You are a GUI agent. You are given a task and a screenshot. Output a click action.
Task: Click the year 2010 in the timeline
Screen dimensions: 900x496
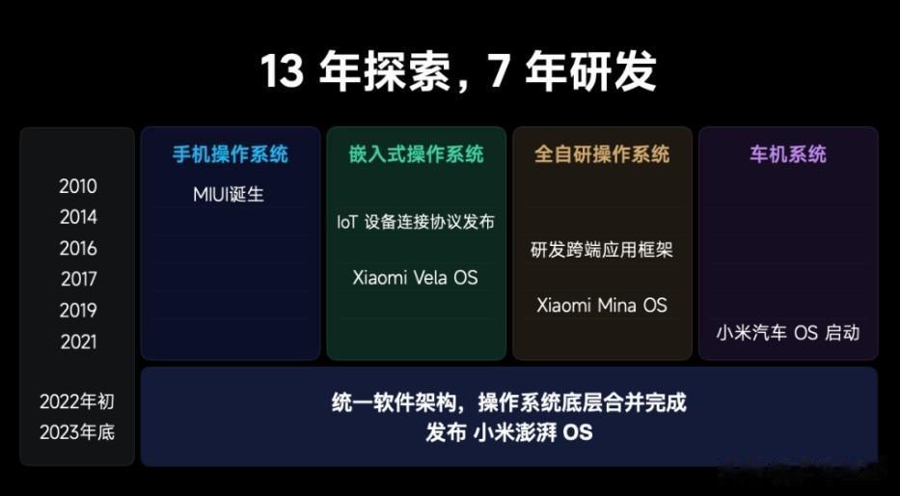pos(78,186)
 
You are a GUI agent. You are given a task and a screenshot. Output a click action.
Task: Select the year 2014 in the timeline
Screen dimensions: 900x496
pos(78,217)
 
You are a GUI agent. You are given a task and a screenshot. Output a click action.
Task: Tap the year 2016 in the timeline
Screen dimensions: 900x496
pos(78,248)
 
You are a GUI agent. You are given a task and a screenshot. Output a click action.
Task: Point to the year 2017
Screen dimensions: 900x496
pos(78,279)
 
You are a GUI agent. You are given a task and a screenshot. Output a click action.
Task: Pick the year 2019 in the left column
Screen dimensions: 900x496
pos(78,310)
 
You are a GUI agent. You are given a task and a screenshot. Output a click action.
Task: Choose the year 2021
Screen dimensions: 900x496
pos(78,343)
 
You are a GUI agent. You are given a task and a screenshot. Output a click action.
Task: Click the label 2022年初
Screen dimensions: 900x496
pos(77,401)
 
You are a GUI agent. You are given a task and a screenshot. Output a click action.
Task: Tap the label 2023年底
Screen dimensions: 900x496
pos(77,432)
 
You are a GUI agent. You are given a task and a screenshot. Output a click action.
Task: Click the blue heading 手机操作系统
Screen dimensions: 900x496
pos(231,153)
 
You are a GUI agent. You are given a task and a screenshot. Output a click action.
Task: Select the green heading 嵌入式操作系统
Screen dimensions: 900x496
pos(416,153)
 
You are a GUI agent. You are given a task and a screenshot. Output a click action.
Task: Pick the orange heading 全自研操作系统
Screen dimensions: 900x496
pos(602,153)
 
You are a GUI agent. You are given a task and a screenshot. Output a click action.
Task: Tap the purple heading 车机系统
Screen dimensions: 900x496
pos(788,153)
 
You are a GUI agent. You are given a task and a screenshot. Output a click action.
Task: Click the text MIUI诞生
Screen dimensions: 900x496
pos(229,195)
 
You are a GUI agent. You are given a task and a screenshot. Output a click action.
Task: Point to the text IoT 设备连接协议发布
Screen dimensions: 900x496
pos(416,222)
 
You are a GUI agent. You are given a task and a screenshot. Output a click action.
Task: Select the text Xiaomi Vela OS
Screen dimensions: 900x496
pos(415,278)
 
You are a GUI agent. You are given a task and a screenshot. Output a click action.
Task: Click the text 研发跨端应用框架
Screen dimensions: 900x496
pos(602,250)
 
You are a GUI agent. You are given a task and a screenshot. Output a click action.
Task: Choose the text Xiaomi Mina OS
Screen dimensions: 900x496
pos(602,305)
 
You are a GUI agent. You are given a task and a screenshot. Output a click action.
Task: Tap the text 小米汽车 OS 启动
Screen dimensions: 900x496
pos(787,333)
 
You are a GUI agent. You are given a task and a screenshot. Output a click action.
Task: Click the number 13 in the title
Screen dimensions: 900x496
pos(282,71)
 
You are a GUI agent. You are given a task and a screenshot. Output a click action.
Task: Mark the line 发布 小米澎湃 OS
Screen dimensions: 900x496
pos(508,432)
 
